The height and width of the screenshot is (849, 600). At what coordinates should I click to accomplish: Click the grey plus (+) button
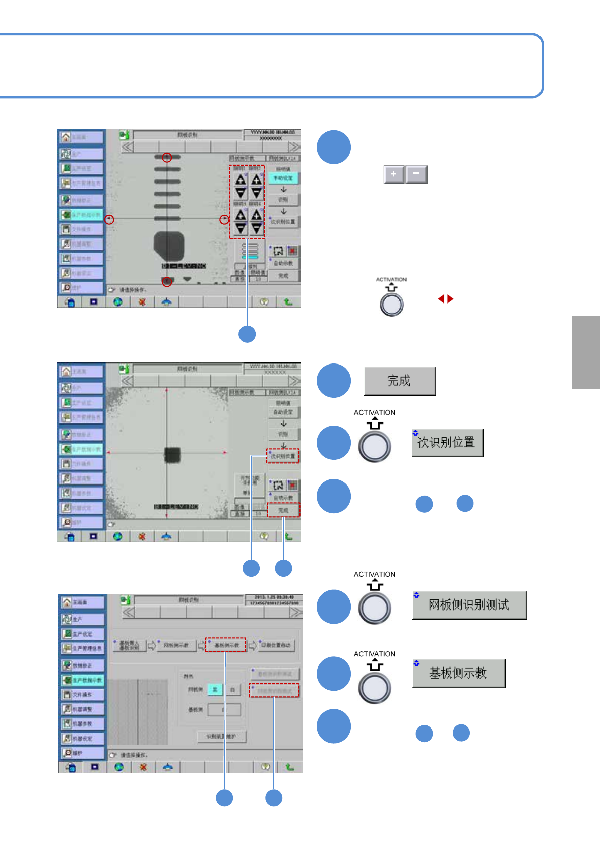click(394, 174)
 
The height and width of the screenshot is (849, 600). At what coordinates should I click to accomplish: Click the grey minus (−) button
click(416, 174)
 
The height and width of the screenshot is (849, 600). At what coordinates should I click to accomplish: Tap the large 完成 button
click(399, 381)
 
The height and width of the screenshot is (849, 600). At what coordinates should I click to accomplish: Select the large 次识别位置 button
click(447, 442)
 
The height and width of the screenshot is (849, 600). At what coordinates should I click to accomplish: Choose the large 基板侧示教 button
click(458, 673)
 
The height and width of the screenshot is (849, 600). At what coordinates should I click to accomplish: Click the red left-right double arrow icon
click(446, 299)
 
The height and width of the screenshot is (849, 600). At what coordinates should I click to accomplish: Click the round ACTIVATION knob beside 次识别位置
click(375, 446)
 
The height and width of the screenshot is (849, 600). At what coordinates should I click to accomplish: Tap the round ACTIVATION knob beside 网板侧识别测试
click(375, 608)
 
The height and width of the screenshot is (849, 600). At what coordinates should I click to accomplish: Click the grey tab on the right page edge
click(585, 352)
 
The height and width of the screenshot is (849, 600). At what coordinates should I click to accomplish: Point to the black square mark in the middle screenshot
click(172, 455)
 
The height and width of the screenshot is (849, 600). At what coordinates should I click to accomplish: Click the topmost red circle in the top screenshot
click(167, 158)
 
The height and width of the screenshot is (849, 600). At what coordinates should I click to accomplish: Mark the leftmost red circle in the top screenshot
click(109, 219)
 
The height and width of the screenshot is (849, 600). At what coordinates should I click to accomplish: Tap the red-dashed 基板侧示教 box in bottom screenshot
click(226, 645)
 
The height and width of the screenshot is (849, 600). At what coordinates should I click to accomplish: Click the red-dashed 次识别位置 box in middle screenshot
click(283, 456)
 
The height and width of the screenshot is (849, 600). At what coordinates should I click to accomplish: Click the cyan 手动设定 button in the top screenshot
click(283, 178)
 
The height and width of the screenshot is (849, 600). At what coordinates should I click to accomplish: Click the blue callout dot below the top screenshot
click(247, 334)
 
